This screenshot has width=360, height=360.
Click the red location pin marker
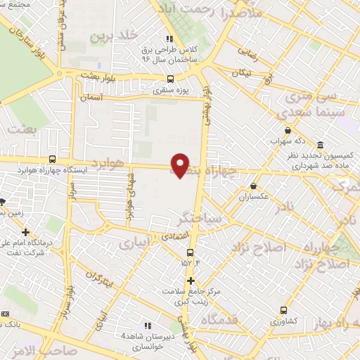coord(181,165)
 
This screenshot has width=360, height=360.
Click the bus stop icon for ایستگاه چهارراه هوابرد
coord(53,160)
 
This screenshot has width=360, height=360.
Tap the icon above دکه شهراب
coord(288,130)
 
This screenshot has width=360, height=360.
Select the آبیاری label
coord(133,243)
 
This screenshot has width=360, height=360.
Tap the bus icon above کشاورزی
coord(283,310)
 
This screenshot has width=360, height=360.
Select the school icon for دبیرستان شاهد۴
coord(148,326)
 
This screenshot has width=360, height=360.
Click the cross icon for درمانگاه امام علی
coord(26,232)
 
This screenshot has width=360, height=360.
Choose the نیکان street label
coord(242,73)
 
